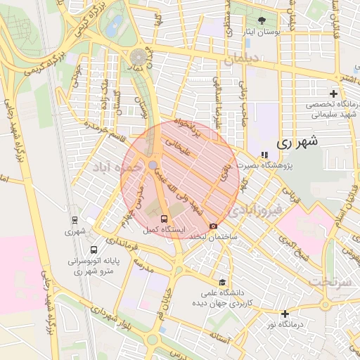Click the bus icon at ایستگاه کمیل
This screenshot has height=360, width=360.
163,219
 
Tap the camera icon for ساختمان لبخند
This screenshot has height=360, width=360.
213,226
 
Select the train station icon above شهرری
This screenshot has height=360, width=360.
75,219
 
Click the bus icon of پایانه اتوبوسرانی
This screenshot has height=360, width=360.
94,250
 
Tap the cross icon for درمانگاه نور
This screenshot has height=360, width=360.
285,314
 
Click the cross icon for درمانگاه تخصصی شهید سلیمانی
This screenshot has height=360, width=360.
334,94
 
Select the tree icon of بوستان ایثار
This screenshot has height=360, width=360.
262,20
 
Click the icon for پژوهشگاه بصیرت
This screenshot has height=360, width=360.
264,155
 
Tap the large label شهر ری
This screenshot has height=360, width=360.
297,141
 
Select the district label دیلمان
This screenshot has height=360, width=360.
243,61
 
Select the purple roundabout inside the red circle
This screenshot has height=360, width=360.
153,165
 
